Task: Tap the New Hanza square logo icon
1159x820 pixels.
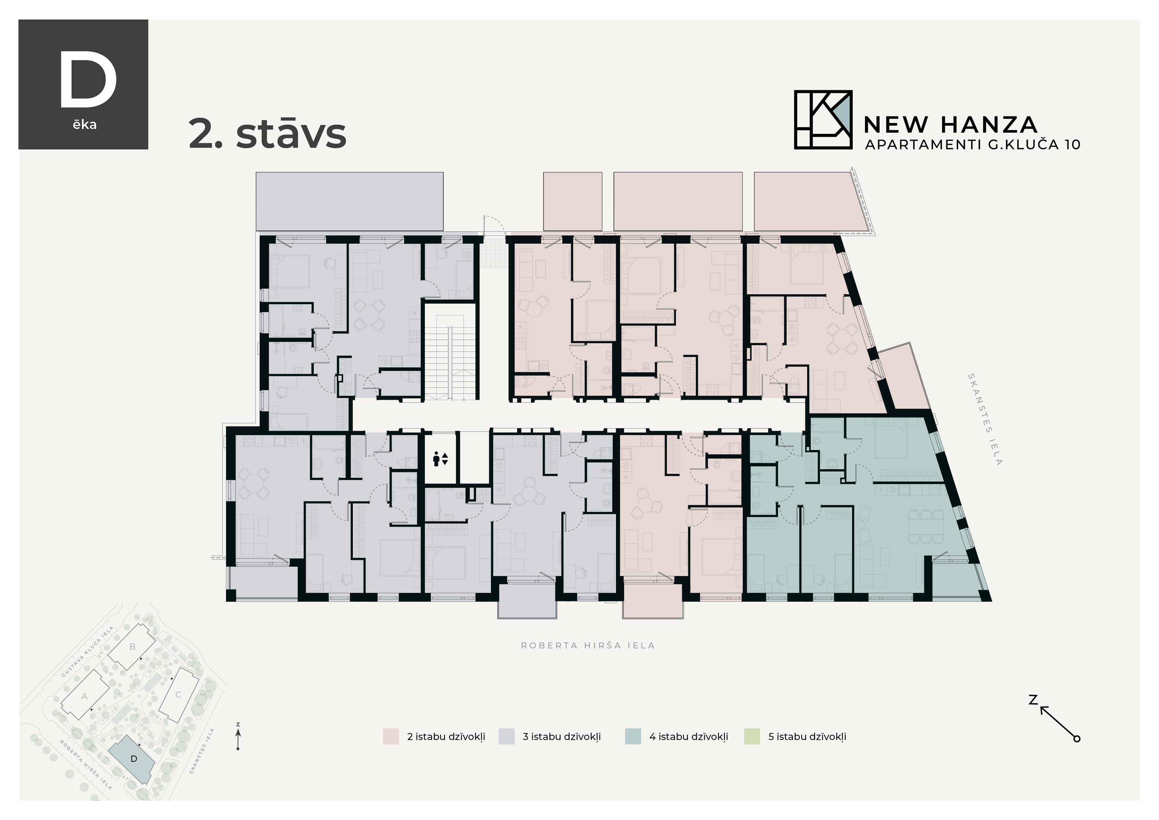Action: (x=822, y=120)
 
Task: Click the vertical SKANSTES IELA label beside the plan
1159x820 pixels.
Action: (x=984, y=419)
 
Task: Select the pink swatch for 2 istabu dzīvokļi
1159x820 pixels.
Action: (x=391, y=737)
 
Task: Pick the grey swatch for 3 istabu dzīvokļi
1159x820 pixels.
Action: (x=506, y=737)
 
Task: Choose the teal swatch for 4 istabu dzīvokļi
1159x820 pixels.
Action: (x=632, y=737)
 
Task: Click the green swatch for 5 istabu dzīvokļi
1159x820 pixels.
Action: (x=752, y=737)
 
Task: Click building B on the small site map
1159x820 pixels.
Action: (x=132, y=647)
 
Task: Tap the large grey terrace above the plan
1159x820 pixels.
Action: (x=349, y=201)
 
